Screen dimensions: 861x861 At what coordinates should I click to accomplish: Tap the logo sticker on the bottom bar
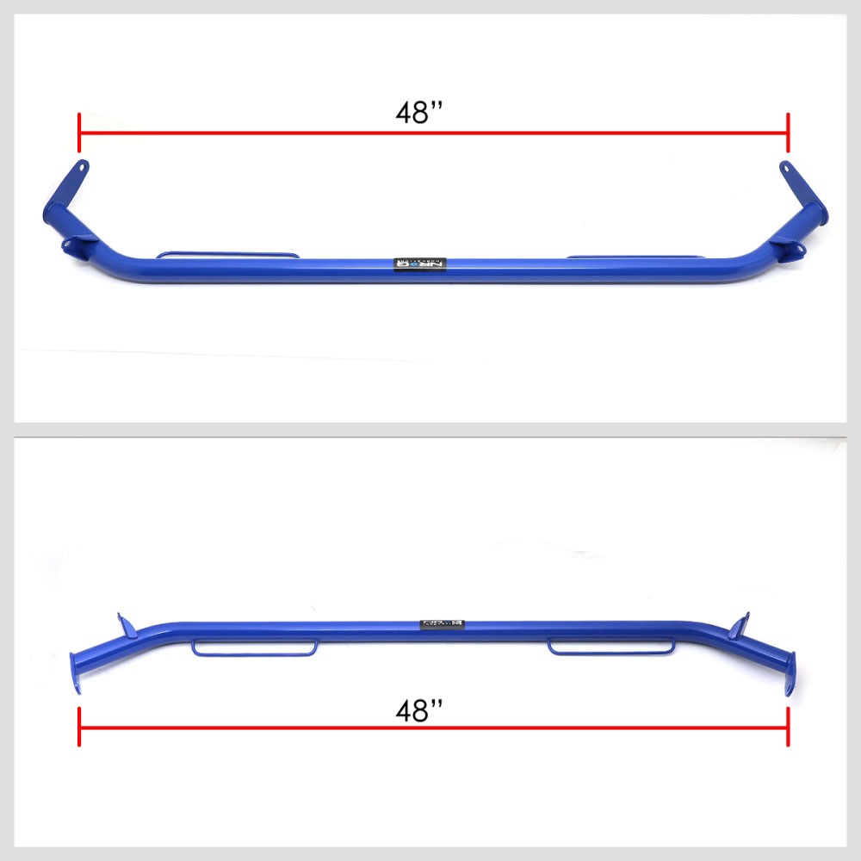point(443,623)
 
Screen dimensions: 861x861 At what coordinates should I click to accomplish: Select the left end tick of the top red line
point(79,133)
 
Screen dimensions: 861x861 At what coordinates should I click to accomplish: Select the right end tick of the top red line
point(788,133)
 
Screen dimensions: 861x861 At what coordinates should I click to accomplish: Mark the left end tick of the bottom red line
point(79,728)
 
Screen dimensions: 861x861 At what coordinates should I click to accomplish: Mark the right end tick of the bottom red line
point(788,728)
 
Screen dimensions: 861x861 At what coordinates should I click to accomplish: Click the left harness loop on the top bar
point(227,255)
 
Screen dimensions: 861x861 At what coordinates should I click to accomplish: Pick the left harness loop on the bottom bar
point(255,647)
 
